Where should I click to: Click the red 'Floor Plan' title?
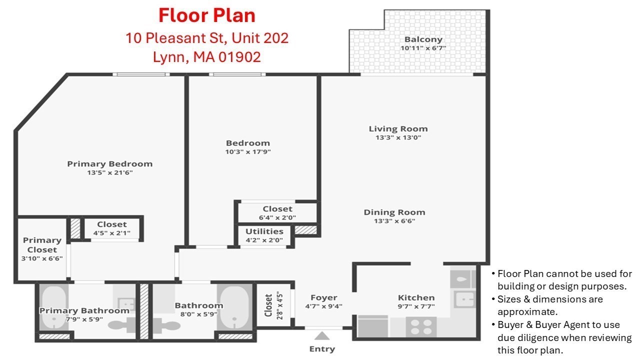coord(207,15)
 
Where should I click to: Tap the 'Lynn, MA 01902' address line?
coord(207,57)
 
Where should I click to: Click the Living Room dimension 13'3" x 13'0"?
coord(398,137)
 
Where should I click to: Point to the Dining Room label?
coord(394,212)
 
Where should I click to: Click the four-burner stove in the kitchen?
coord(421,326)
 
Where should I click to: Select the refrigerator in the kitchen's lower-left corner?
coord(373,327)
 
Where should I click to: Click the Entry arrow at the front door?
coord(322,336)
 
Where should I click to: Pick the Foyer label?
coord(323,297)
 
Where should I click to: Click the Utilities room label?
coord(264,231)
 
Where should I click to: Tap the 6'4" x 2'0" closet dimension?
coord(277,217)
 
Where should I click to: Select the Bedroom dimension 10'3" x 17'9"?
coord(248,151)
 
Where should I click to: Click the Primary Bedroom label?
coord(109,164)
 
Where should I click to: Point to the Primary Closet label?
coord(42,245)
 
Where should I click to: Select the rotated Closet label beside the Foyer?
coord(269,305)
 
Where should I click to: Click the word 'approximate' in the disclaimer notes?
coord(524,311)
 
